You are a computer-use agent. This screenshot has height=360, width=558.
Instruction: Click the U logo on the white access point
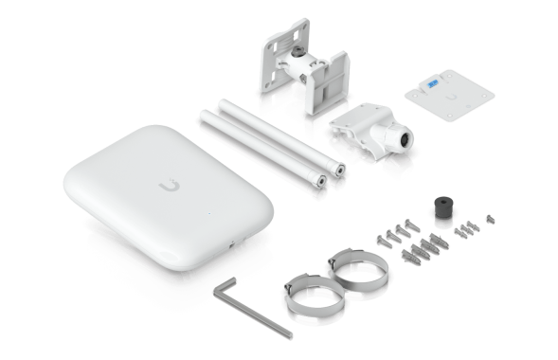(x=173, y=183)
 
